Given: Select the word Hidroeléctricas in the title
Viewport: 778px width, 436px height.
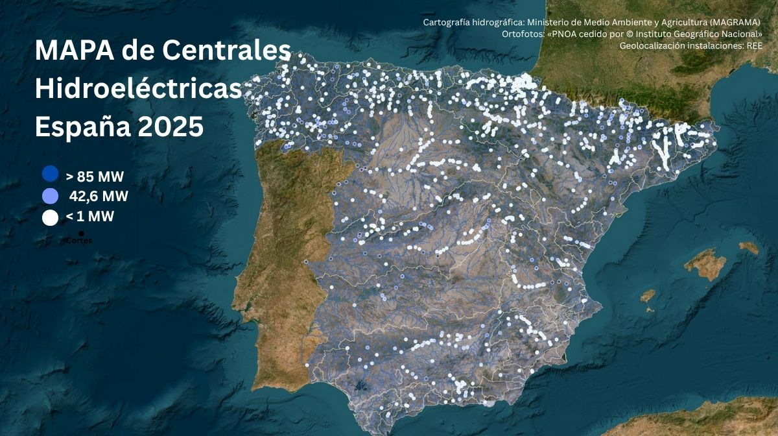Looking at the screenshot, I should (x=138, y=89).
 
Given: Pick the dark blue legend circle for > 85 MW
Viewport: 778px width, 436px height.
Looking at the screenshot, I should (x=50, y=175).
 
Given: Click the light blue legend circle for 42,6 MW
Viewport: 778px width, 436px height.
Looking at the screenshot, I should (x=50, y=195).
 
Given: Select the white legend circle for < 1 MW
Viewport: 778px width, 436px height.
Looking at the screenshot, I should (x=50, y=217).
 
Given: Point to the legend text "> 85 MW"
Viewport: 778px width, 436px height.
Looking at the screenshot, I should (x=95, y=176).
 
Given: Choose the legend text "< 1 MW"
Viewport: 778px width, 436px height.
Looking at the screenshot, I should (x=90, y=217).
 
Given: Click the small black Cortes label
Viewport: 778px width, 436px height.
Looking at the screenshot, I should (x=79, y=241).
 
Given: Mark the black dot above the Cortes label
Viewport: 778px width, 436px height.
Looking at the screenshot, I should (x=81, y=233).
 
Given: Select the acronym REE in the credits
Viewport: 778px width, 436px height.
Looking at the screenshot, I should (x=755, y=45).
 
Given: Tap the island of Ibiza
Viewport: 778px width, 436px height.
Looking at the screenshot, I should (x=648, y=296).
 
